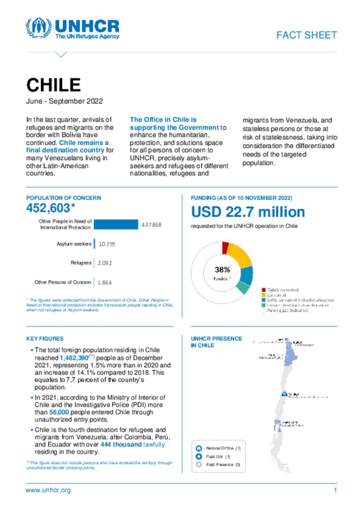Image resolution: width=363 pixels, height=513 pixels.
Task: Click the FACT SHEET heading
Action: point(307,35)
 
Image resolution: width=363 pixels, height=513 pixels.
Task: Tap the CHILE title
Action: point(54,85)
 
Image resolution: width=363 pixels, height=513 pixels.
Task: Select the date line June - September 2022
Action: point(65,101)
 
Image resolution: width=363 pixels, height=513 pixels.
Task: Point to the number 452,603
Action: point(49,208)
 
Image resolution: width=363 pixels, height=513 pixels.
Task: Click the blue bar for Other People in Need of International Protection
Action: point(116,224)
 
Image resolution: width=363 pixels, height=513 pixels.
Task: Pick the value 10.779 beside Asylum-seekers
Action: point(107,244)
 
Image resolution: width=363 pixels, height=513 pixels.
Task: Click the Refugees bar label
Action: point(81,263)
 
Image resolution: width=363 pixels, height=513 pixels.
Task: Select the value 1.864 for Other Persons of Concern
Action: point(105,283)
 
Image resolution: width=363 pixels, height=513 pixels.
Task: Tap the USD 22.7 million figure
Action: point(248,212)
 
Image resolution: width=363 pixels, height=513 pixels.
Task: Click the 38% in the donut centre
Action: point(222,270)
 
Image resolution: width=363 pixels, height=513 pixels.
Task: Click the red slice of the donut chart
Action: point(225,247)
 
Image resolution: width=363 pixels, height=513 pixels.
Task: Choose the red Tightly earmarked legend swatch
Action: point(264,290)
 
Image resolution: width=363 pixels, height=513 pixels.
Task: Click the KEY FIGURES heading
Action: point(45,338)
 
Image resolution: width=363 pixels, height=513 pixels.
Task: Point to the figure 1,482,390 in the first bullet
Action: point(74,358)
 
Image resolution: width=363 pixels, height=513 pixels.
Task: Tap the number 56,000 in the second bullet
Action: point(59,412)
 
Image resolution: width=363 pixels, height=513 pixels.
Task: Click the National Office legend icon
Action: point(199,448)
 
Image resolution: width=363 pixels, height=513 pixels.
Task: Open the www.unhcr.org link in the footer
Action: point(48,490)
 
